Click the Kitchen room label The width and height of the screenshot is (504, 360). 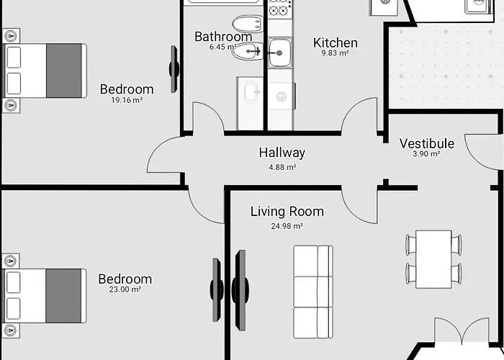coord(336,42)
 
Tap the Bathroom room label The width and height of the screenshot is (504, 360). coord(223,37)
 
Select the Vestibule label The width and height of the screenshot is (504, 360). coord(427,143)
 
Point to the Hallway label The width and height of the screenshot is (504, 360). coord(282,153)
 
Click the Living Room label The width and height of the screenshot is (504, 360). coord(287,212)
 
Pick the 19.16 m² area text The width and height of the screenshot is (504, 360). coord(127,100)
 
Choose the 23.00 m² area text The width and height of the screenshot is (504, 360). coord(125,289)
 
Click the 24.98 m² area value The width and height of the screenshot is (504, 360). coord(287,226)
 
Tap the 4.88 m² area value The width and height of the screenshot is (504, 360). coord(282,167)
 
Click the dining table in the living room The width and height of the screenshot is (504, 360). coord(433,259)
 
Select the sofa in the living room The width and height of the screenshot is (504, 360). coord(313,292)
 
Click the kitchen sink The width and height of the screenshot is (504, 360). coord(280,53)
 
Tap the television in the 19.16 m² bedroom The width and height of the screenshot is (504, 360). coord(174,69)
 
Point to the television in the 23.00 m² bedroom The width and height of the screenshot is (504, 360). coord(217,290)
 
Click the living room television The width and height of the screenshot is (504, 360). coord(240,290)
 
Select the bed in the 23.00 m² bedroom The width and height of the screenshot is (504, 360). coord(45,296)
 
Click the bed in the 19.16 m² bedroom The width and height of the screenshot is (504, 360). coord(45,71)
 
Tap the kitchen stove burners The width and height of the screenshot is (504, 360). coord(279,8)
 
